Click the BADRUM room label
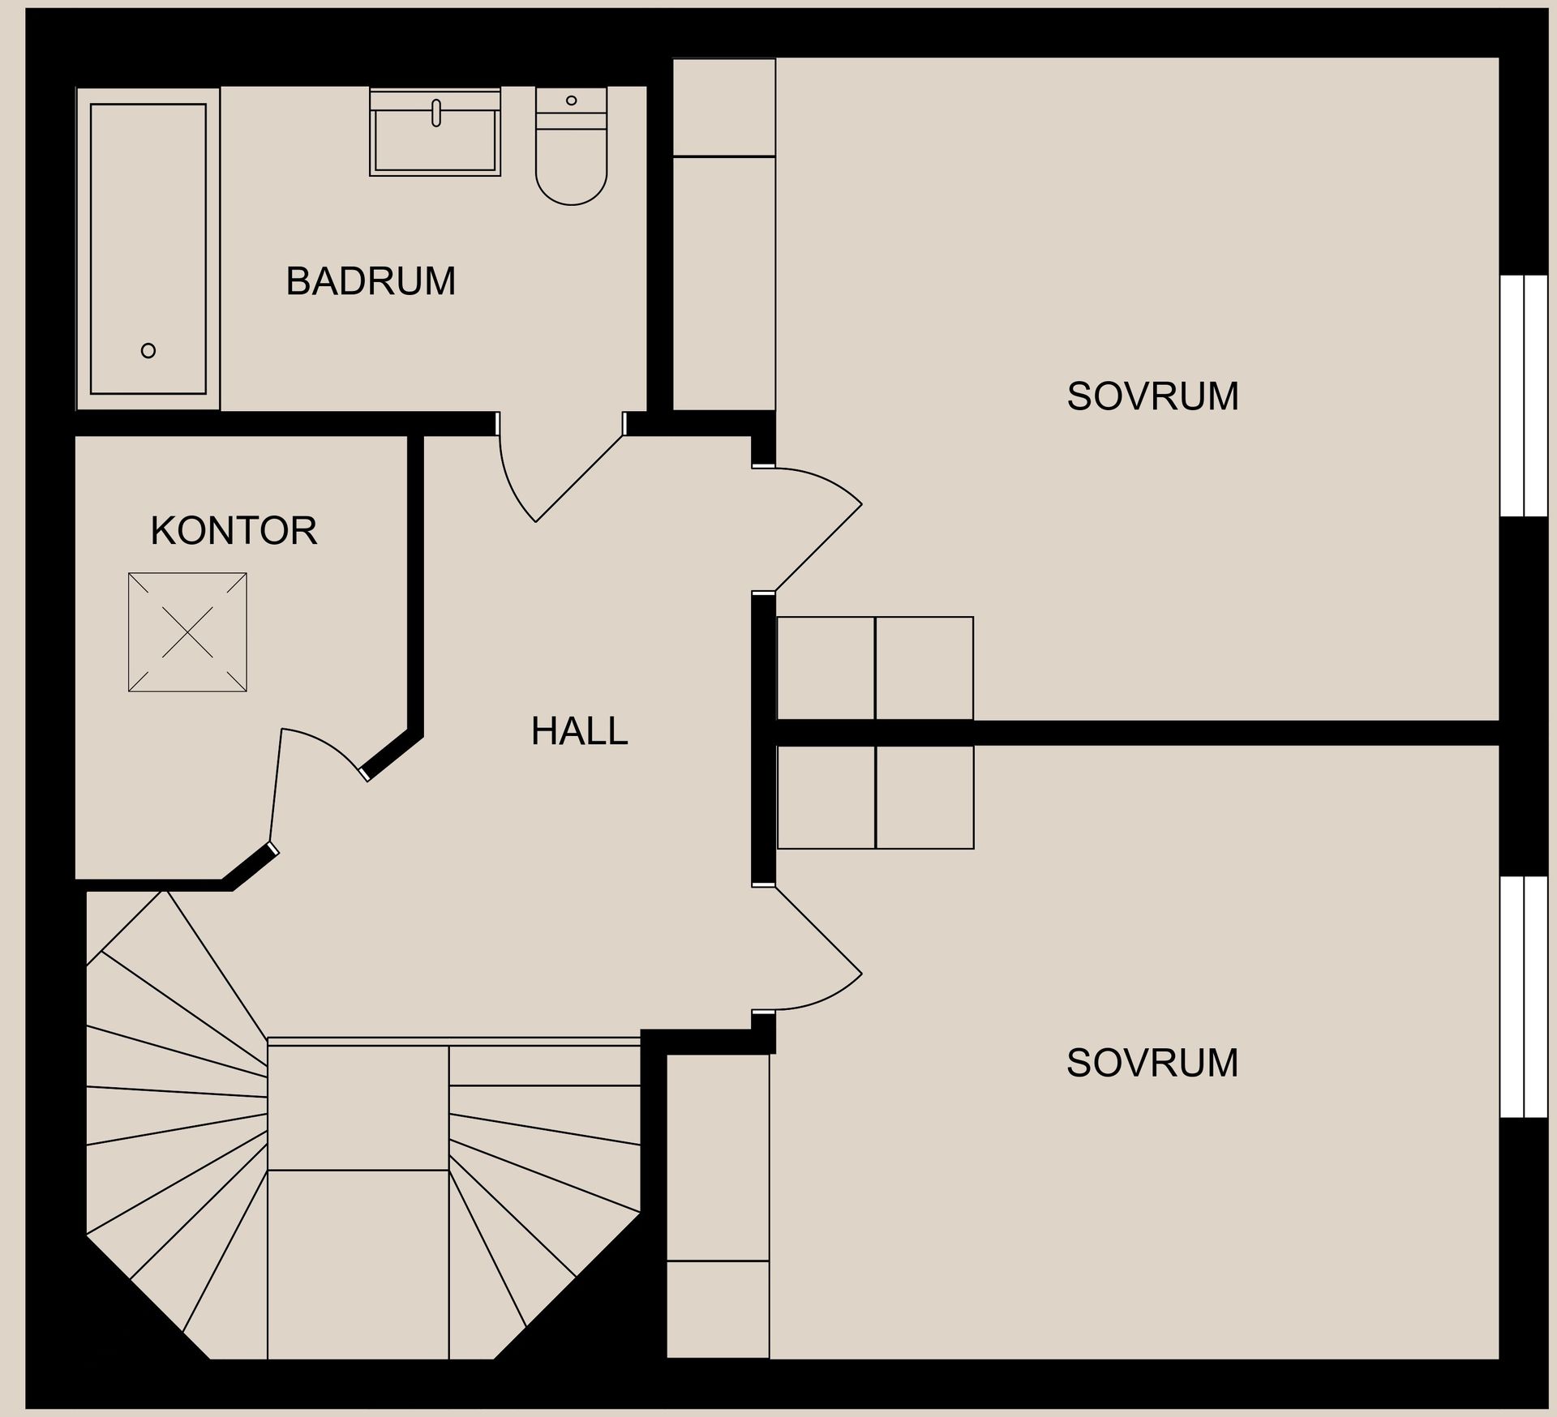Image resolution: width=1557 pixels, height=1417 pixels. pos(371,282)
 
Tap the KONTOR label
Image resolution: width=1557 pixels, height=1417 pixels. pos(234,531)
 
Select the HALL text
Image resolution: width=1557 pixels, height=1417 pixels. pos(579,731)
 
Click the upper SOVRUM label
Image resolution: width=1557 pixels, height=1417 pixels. pos(1152,397)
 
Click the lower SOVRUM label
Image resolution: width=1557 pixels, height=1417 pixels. pos(1152,1064)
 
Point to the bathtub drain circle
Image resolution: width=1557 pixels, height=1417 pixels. pos(148,351)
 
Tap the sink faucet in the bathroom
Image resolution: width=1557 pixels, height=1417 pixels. pos(436,113)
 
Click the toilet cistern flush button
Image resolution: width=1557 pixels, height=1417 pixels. pos(571,101)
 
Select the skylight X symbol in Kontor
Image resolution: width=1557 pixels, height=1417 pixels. pos(187,632)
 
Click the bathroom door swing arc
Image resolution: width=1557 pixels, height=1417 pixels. pos(511,478)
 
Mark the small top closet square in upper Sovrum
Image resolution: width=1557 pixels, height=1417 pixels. pos(724,108)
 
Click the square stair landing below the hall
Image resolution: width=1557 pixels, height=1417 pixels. pos(358,1107)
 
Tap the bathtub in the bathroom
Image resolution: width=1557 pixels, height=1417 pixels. pos(148,248)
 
